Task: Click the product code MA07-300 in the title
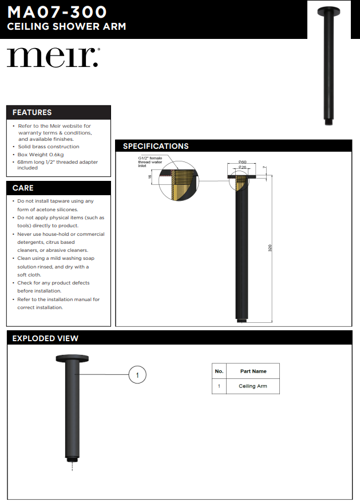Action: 57,11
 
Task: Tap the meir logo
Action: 53,58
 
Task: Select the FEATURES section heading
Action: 32,113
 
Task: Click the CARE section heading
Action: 23,188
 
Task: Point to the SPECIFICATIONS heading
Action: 156,147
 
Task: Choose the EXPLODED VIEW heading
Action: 45,338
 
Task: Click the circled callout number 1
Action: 137,375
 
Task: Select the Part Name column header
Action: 253,371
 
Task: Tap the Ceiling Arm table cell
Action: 253,386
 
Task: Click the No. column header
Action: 219,371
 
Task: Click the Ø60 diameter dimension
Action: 242,163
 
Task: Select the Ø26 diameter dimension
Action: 242,167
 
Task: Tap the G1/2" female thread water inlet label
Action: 150,162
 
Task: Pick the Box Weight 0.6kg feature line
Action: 41,155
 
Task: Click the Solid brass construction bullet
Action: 49,147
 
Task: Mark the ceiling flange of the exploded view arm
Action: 72,359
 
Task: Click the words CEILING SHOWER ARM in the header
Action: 66,27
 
